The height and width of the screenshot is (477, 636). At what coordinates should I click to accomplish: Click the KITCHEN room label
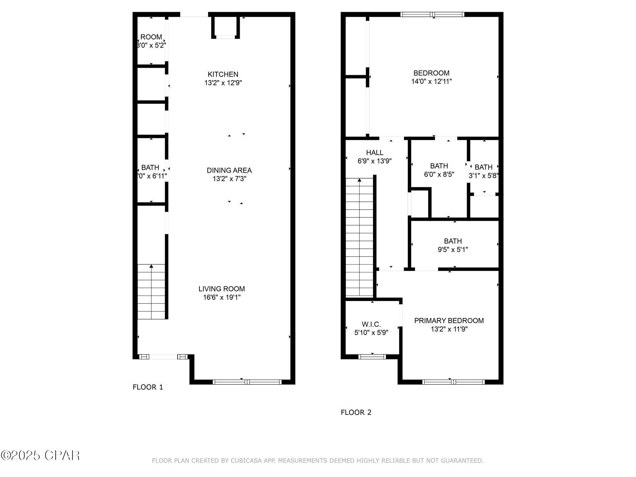(223, 75)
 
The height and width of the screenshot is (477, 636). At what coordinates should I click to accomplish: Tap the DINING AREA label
(229, 170)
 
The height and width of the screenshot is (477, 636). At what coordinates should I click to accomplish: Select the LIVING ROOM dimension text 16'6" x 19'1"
(222, 298)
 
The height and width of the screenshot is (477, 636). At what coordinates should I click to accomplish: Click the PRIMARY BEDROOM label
(449, 321)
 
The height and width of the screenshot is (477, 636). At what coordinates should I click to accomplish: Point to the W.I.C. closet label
(371, 325)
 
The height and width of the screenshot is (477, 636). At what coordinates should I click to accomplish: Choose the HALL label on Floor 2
(375, 152)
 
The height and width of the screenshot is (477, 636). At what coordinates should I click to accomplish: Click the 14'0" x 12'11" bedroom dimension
(431, 82)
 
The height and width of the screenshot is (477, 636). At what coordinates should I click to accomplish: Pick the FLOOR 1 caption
(148, 387)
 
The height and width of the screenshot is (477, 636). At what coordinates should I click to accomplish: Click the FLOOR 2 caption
(356, 412)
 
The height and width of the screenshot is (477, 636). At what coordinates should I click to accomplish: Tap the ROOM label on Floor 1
(151, 37)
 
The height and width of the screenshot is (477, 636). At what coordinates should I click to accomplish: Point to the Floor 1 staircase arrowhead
(151, 266)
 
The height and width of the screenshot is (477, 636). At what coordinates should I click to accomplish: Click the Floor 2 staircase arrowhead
(359, 180)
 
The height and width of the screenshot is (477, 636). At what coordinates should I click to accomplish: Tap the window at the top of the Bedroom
(432, 14)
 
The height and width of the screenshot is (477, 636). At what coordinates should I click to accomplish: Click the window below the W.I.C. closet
(372, 357)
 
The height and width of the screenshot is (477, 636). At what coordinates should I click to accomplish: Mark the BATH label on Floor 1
(150, 168)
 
